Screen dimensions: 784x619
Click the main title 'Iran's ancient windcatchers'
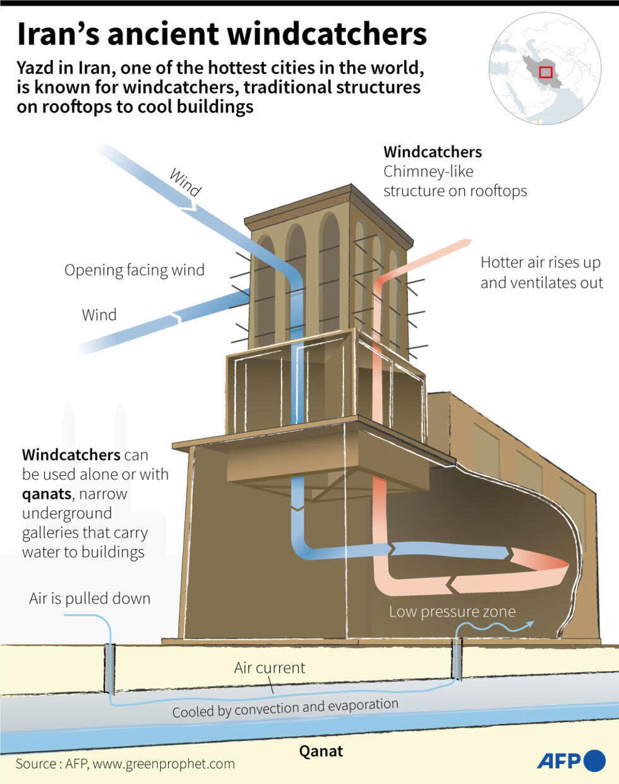point(221,34)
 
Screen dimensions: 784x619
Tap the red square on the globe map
point(546,72)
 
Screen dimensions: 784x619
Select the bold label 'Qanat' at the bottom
point(321,751)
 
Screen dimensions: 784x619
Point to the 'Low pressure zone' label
point(452,612)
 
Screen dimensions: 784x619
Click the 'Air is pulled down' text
point(90,598)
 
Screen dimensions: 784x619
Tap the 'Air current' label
point(269,668)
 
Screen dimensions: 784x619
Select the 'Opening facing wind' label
point(134,270)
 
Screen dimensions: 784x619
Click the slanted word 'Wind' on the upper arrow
point(185,183)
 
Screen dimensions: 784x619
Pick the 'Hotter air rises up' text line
point(540,263)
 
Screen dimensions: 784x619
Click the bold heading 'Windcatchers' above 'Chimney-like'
point(432,152)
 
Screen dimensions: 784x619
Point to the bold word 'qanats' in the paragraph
point(47,493)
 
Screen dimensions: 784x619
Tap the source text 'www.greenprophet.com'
point(163,764)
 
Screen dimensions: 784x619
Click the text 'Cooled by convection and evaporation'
point(285,708)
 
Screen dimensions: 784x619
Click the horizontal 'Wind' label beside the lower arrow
point(99,315)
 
